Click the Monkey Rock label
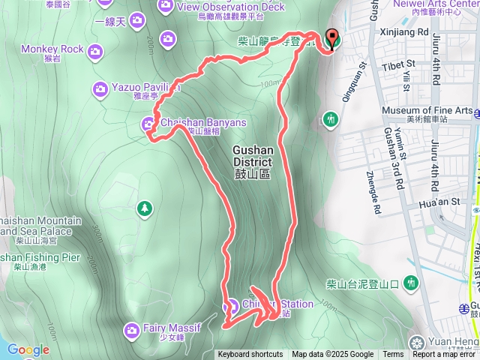coord(52,49)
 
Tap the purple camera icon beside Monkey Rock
coord(95,50)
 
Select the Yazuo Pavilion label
coord(146,88)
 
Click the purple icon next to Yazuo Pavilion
coord(100,89)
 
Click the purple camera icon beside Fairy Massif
coord(131,329)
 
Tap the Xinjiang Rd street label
coord(406,33)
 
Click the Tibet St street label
coord(399,65)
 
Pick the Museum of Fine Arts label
coord(427,111)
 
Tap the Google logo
coord(28,350)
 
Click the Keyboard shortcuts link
coord(250,355)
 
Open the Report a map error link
coord(443,355)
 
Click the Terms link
coord(392,355)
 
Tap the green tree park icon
coord(144,207)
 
